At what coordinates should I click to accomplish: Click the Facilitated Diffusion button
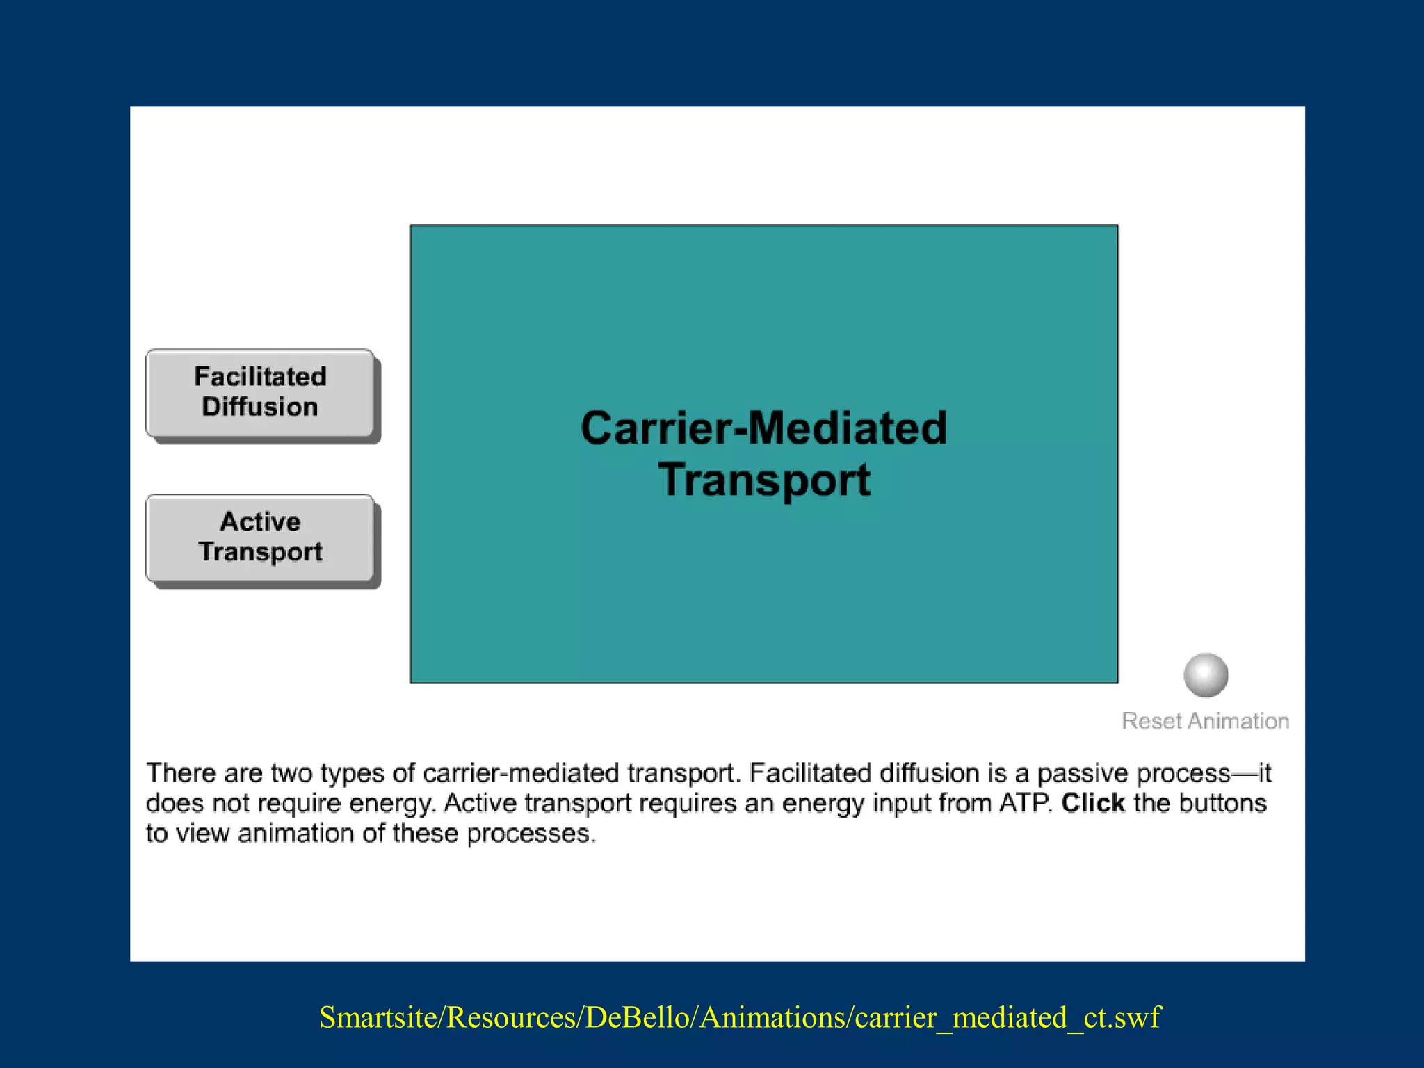click(260, 392)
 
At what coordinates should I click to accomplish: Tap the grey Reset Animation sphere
click(1206, 674)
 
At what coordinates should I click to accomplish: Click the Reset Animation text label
click(1205, 721)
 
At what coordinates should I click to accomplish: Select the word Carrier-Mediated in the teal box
click(763, 428)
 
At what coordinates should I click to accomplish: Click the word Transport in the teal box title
click(763, 480)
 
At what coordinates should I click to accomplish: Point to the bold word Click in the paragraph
click(1092, 803)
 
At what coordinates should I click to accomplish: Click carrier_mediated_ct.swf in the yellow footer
click(1008, 1017)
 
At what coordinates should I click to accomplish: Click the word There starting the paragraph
click(181, 773)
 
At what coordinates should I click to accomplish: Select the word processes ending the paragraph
click(531, 833)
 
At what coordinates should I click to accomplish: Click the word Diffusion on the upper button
click(260, 407)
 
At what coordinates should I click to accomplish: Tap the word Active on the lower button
click(260, 521)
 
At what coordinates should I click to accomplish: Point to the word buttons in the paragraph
click(1223, 803)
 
